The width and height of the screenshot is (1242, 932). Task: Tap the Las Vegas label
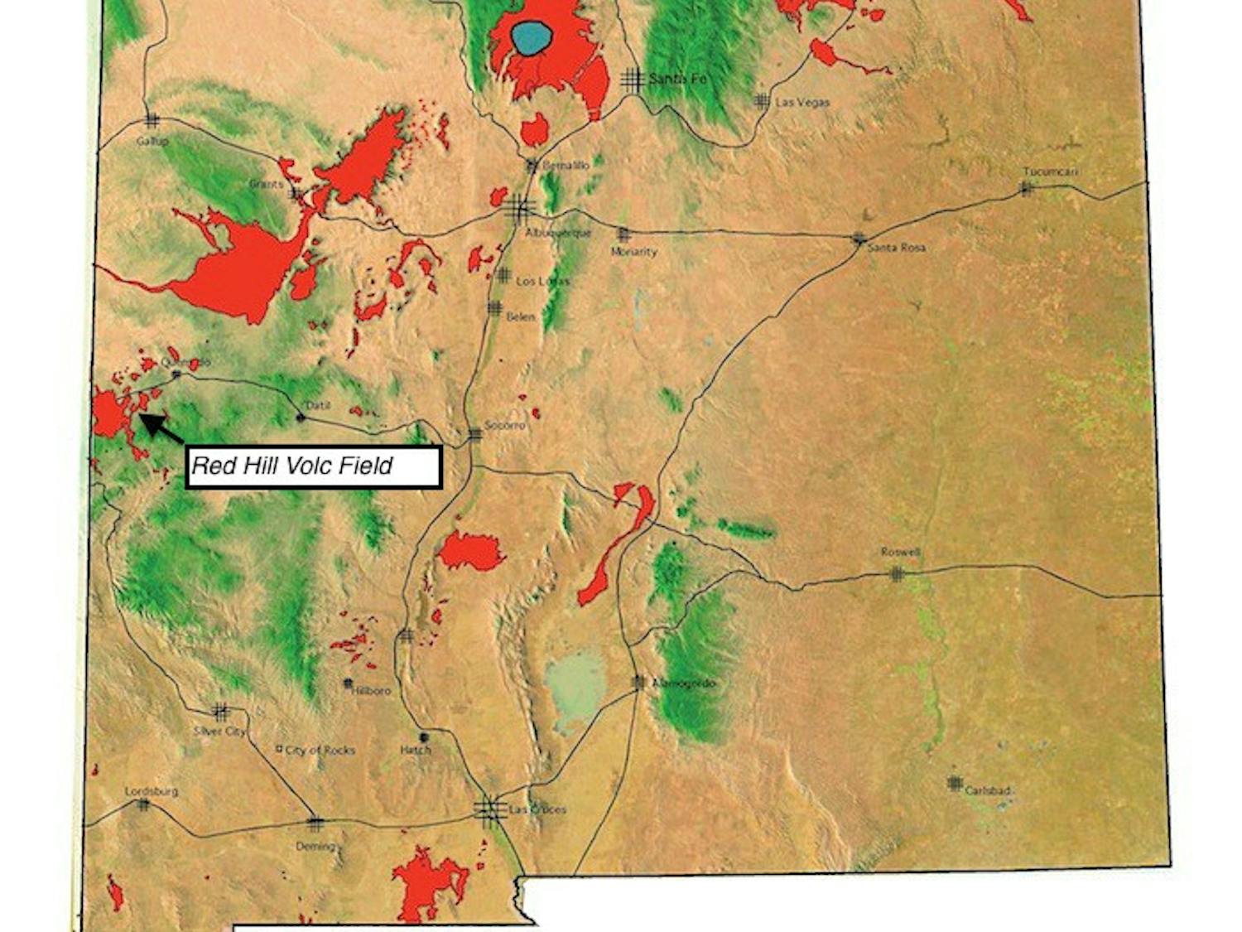[802, 103]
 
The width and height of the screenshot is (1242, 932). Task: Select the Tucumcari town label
[1050, 172]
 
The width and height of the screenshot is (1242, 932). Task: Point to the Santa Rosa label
[896, 248]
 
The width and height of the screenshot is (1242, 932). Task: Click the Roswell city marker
[896, 573]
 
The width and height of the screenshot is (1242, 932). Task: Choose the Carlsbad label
[988, 791]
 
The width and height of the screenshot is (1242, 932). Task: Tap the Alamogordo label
[683, 683]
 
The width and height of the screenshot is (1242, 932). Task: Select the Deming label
[315, 847]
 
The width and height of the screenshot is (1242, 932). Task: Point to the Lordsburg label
[151, 791]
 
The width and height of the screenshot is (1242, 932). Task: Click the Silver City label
[219, 732]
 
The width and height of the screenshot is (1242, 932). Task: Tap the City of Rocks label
[320, 750]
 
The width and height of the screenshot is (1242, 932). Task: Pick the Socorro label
[504, 425]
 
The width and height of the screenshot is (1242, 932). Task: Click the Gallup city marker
[151, 121]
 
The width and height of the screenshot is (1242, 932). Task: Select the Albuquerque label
[558, 233]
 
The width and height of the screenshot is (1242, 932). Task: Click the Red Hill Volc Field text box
[313, 466]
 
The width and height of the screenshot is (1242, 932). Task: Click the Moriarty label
[633, 251]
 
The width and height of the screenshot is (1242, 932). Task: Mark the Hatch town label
[416, 750]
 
